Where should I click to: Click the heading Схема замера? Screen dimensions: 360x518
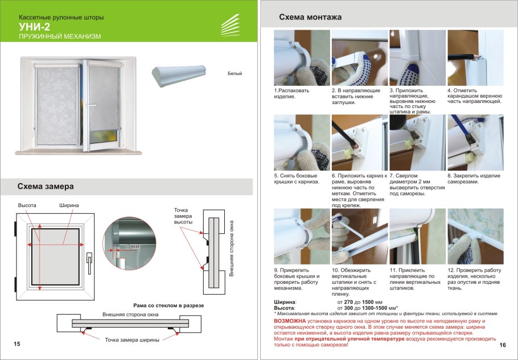pos(46,186)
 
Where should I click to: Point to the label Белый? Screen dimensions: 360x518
pos(235,74)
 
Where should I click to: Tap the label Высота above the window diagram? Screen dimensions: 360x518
pos(27,205)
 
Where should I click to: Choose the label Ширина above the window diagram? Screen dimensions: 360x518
pos(69,205)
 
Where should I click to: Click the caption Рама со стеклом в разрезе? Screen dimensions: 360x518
pos(168,305)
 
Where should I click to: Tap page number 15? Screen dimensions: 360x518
pos(17,344)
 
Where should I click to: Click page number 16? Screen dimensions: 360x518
pos(503,345)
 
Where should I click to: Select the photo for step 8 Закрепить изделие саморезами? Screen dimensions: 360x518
pos(475,142)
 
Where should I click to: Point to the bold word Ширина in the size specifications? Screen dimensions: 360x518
pos(285,302)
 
